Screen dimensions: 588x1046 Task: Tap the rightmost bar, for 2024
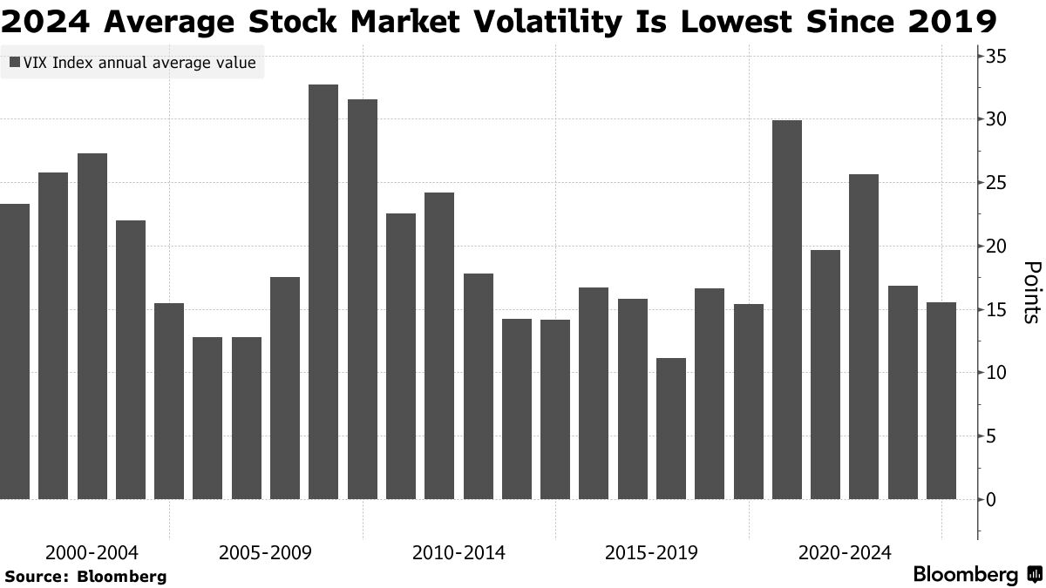(941, 401)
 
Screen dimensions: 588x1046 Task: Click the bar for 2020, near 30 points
(787, 309)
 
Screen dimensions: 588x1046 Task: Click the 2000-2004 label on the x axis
(92, 552)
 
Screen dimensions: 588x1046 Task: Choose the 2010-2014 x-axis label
(458, 552)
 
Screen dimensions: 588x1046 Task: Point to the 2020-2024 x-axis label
(844, 552)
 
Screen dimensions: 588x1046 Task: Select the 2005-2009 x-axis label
(266, 552)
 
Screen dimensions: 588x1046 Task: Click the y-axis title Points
(1030, 292)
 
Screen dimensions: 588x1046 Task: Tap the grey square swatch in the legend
(15, 63)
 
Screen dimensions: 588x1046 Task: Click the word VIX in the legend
(37, 63)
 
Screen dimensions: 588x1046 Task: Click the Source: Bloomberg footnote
(85, 576)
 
